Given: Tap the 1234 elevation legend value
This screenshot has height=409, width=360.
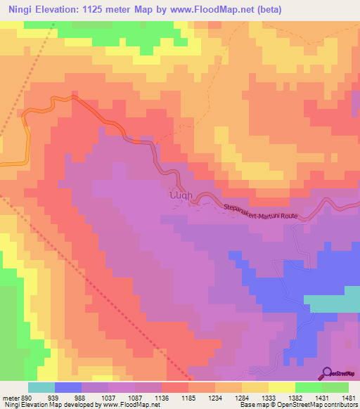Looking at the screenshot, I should [216, 398].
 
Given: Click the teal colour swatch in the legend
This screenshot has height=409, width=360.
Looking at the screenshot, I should [41, 387].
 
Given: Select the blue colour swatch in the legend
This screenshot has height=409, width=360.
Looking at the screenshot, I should [68, 387].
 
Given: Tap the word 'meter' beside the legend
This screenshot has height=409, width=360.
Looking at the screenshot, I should [9, 398].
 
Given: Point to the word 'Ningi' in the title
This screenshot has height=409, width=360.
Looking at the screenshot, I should [19, 9].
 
